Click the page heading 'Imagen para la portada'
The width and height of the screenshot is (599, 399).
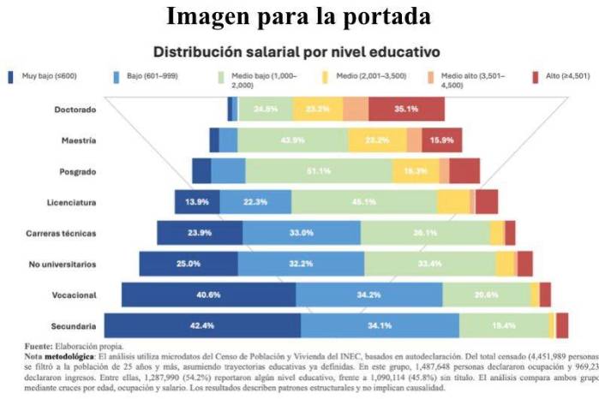(x=299, y=15)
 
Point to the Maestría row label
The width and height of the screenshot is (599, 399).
(x=78, y=140)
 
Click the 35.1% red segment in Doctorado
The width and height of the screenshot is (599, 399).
(x=406, y=110)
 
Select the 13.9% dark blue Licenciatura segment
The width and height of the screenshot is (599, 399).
(x=197, y=202)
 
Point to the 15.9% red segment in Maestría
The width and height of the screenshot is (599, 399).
(x=442, y=140)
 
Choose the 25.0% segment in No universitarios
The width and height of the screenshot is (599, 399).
(x=189, y=264)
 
